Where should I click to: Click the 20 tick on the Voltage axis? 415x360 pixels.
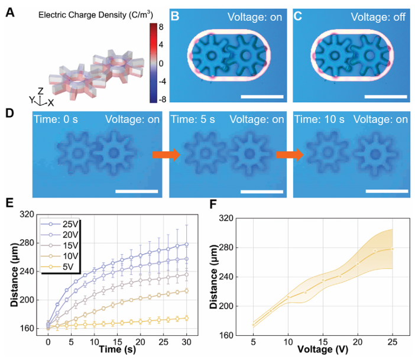pos(358,342)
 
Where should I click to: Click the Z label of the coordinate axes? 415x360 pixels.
pos(39,90)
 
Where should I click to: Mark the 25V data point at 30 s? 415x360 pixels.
pos(187,244)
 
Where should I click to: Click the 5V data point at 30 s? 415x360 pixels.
pos(187,318)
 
